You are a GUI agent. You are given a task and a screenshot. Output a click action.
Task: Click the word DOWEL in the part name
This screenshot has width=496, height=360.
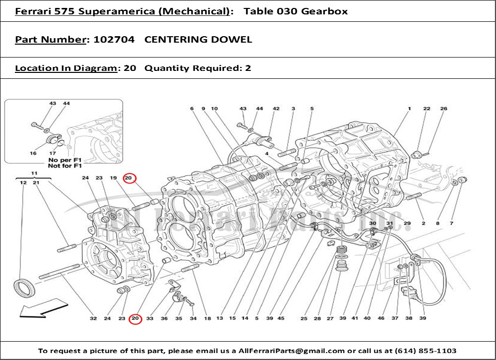[234, 40]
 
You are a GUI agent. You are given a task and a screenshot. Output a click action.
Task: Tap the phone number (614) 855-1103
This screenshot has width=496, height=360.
[427, 351]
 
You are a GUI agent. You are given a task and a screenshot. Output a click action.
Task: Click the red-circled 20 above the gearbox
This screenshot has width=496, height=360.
[129, 178]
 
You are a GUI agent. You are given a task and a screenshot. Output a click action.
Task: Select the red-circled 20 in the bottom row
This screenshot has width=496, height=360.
[135, 319]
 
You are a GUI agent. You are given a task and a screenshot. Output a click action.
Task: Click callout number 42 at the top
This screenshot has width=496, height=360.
[276, 109]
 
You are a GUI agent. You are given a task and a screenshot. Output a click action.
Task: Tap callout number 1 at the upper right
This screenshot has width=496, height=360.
[410, 109]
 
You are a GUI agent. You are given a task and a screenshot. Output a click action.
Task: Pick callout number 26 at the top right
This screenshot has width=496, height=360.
[443, 109]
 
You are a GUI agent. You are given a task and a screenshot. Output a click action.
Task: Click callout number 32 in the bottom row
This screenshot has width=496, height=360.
[93, 319]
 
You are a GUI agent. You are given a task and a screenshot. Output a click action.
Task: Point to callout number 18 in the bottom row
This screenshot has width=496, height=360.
[207, 319]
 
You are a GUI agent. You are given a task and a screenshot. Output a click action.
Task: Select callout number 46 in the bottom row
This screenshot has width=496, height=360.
[381, 319]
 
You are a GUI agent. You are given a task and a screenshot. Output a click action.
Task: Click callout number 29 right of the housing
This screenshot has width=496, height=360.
[407, 224]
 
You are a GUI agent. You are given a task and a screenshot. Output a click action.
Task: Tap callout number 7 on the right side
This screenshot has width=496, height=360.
[451, 224]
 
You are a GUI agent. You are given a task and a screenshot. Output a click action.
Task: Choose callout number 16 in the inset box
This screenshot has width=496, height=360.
[33, 154]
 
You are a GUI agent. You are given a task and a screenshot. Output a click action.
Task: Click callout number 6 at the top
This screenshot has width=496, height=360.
[191, 109]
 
